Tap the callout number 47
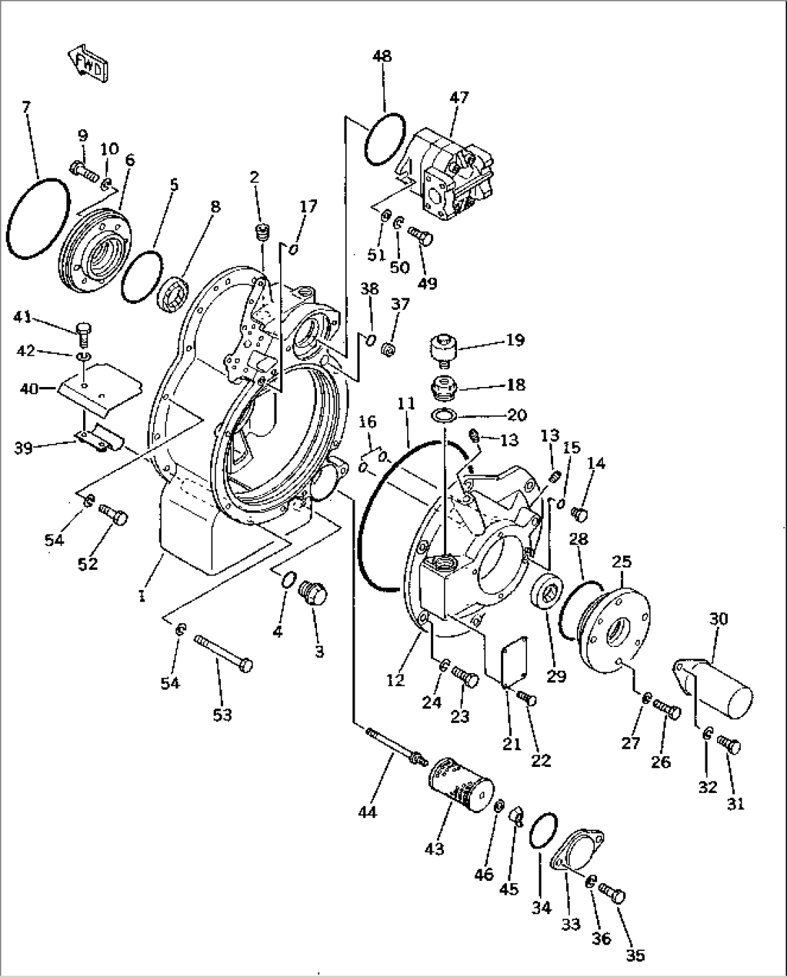[459, 97]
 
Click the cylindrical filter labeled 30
[715, 685]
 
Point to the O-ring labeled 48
[384, 138]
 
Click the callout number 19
[516, 339]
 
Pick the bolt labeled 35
[614, 897]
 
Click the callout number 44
[368, 812]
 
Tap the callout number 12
[396, 679]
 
